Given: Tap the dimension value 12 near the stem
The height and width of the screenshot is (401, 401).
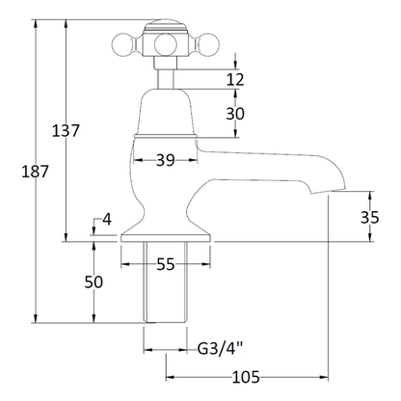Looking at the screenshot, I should coord(236,79).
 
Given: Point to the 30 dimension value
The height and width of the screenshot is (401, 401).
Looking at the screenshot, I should coord(235,113).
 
